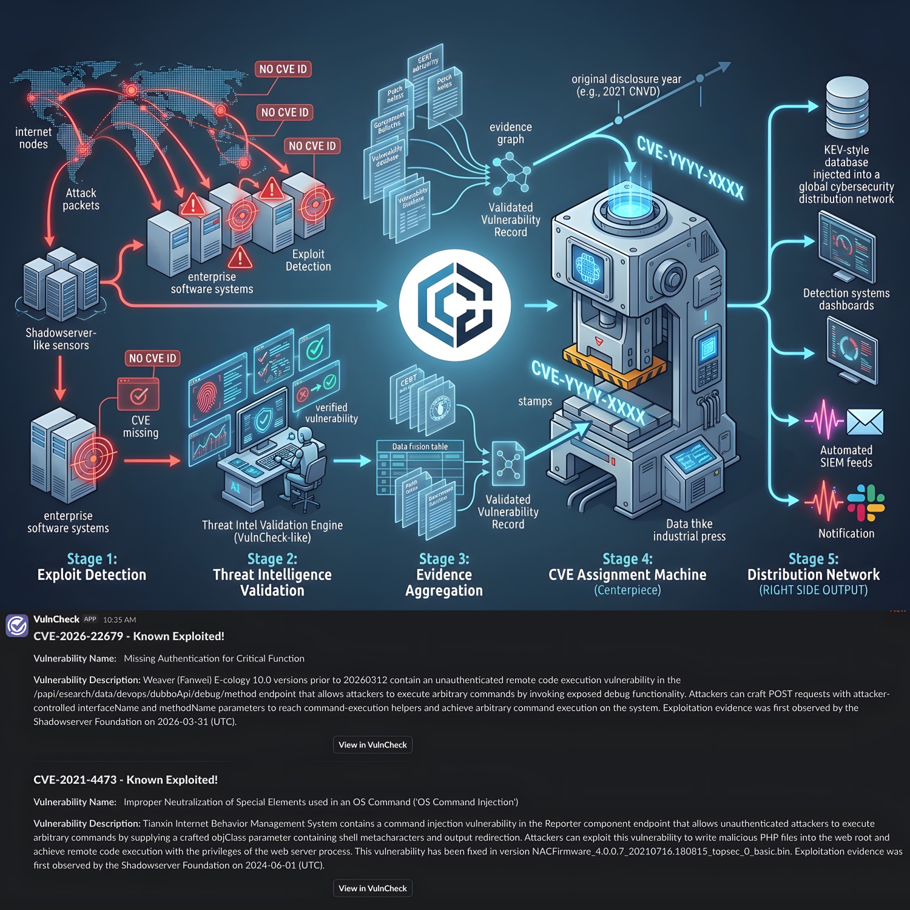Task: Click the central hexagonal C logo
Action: (x=454, y=305)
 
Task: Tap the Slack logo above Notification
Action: (x=866, y=503)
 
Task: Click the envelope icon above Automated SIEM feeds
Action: (x=864, y=422)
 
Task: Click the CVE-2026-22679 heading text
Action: (x=129, y=636)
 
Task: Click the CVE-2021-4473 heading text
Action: (x=126, y=780)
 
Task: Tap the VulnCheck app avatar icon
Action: (x=17, y=625)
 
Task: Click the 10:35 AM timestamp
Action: (x=120, y=620)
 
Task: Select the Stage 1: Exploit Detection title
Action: (x=92, y=567)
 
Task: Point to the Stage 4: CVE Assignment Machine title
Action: (x=627, y=567)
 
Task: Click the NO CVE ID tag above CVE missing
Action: (x=152, y=359)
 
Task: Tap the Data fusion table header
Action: (x=420, y=447)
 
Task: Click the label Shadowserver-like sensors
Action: (x=61, y=339)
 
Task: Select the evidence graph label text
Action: (x=511, y=133)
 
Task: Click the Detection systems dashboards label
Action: (x=846, y=299)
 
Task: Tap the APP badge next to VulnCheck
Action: (x=90, y=619)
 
